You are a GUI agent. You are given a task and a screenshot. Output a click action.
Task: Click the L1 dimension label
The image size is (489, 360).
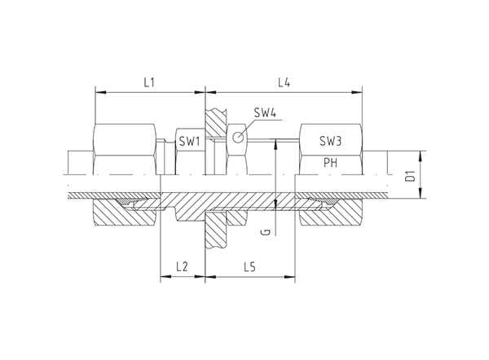149,82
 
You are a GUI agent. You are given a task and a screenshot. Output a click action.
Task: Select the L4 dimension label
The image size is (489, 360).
284,82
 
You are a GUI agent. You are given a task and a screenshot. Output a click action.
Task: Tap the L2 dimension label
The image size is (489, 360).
182,267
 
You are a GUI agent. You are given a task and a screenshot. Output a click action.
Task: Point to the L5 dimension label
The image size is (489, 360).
250,267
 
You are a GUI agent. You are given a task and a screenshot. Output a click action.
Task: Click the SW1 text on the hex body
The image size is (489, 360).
189,142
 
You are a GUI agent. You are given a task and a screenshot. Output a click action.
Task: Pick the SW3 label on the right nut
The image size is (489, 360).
331,141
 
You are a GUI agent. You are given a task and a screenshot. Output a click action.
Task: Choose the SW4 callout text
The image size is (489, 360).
265,112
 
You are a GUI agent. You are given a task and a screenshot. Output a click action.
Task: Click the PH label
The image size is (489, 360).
330,162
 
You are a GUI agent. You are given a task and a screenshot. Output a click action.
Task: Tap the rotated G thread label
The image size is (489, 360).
267,232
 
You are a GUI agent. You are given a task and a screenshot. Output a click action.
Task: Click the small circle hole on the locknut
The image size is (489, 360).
238,137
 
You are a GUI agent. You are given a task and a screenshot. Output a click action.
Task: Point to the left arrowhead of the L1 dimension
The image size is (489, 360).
100,92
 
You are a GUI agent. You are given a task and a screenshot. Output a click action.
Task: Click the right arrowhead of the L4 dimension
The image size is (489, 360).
357,92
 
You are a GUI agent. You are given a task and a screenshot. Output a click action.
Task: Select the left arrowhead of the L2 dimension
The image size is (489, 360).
165,276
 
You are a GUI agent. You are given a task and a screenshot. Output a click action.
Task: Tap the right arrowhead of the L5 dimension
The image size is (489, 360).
289,276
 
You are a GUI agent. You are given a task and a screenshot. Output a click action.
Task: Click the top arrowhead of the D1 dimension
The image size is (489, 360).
421,156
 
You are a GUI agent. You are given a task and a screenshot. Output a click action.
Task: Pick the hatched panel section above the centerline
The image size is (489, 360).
216,123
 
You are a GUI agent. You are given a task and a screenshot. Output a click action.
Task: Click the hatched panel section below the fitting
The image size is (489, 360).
215,230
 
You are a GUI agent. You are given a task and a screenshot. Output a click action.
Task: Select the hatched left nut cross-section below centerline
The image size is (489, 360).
125,213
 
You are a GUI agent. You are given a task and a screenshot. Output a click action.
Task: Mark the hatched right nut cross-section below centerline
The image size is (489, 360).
331,213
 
